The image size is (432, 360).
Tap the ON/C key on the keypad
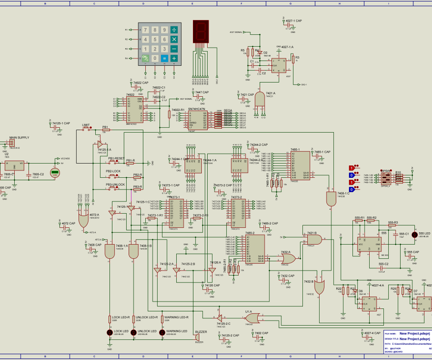(145, 58)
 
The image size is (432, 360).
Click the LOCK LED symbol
(109, 332)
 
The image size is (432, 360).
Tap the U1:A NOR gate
(252, 318)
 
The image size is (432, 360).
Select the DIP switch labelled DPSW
(385, 177)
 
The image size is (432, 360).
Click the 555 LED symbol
(414, 235)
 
